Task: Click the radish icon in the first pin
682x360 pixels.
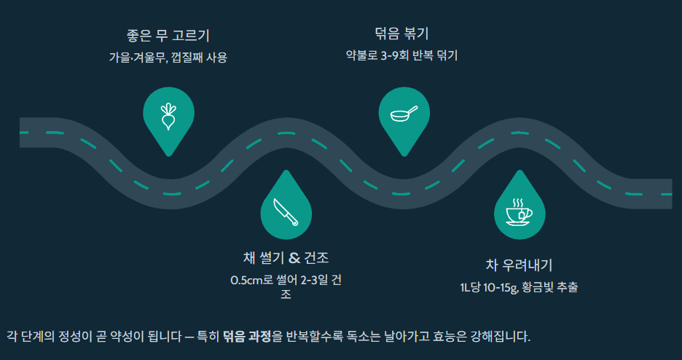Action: (x=168, y=115)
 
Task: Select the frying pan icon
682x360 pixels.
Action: (x=404, y=114)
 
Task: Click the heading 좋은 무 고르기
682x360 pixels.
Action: (x=168, y=36)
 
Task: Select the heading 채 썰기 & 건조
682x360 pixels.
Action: (x=286, y=258)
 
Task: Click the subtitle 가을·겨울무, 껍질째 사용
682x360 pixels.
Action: (x=168, y=58)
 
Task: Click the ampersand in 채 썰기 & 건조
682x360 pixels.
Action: (x=294, y=258)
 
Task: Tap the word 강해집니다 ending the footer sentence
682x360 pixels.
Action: (x=501, y=337)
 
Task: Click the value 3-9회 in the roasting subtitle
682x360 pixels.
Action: (x=395, y=55)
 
